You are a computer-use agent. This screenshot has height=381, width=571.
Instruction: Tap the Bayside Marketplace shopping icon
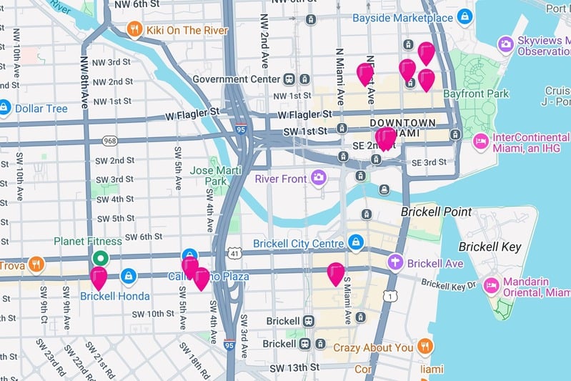(x=465, y=15)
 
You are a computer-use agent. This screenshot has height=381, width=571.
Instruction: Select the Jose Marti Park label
(x=212, y=176)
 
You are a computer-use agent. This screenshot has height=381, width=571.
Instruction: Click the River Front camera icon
(x=318, y=177)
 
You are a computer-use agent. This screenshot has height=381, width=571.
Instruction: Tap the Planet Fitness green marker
(x=101, y=258)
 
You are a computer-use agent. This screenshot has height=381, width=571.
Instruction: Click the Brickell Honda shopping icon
(x=129, y=274)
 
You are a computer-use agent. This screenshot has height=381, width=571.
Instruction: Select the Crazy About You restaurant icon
(x=425, y=347)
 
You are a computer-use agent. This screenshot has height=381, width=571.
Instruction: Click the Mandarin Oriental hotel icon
(x=491, y=286)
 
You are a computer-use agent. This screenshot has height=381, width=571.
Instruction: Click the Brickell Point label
(x=436, y=212)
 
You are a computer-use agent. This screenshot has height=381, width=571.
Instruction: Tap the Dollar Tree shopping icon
(x=5, y=108)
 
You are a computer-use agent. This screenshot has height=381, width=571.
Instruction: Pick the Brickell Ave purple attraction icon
(x=395, y=263)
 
